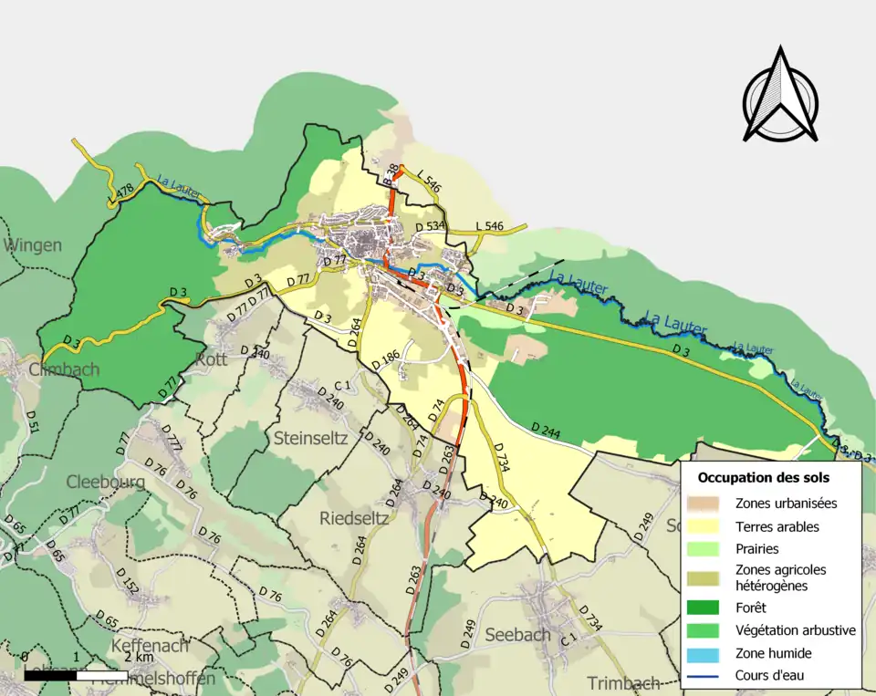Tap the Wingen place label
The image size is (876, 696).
34,244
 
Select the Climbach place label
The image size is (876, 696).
64,369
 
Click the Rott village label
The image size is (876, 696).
211,359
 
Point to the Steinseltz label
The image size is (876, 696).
310,437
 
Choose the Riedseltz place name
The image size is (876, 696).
355,518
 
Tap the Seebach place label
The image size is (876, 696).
517,634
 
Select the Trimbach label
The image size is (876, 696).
623,683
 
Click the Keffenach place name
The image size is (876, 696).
149,646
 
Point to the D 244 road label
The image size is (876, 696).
547,428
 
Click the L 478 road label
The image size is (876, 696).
120,192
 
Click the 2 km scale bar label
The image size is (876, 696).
139,657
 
